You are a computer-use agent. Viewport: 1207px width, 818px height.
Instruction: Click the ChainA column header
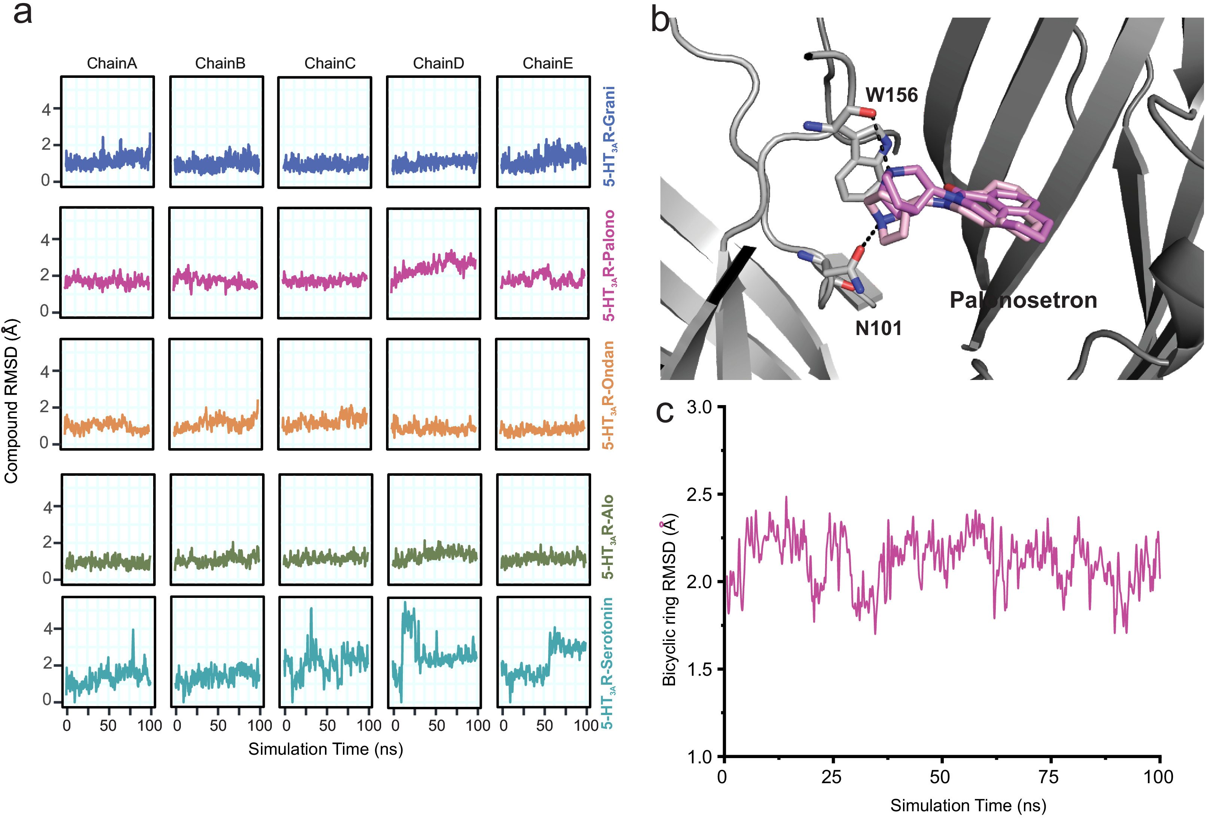[x=112, y=63]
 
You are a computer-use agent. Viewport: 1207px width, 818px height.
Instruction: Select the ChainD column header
[x=438, y=63]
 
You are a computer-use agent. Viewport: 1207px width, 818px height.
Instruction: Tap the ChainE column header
[x=547, y=63]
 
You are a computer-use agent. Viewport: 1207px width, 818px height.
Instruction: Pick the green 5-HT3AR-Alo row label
[x=608, y=536]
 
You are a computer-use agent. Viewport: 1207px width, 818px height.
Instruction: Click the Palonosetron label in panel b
[x=1023, y=300]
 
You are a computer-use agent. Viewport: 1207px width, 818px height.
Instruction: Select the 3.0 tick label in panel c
[x=699, y=407]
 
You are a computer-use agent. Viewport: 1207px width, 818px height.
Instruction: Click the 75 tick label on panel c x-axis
[x=1048, y=777]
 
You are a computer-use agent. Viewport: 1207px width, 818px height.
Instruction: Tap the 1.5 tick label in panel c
[x=699, y=669]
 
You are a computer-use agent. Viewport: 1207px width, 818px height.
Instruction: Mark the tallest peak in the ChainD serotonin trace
[x=405, y=603]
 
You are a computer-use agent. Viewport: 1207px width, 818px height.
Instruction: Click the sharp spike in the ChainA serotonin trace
[x=133, y=630]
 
